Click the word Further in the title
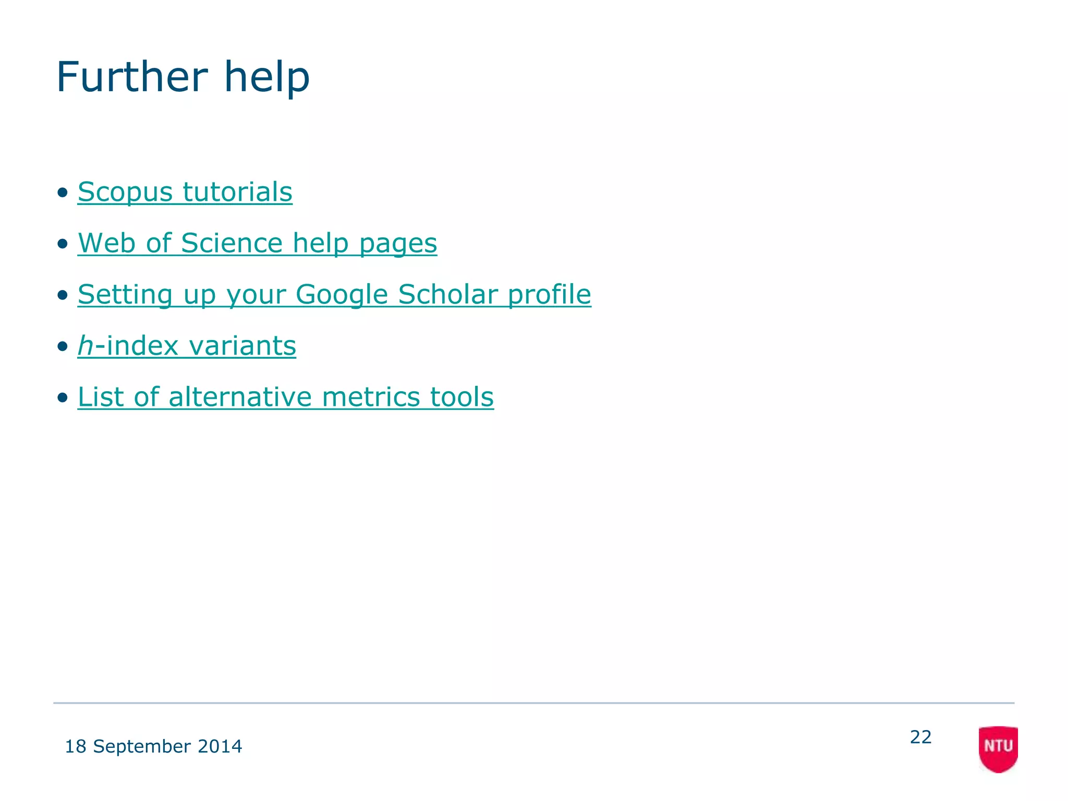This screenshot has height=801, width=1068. click(131, 77)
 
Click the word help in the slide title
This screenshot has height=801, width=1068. click(266, 77)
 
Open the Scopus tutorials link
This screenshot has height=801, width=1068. click(185, 192)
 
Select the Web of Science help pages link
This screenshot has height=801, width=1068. click(257, 243)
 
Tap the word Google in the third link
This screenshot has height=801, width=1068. click(342, 294)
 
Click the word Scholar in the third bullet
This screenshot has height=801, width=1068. click(447, 294)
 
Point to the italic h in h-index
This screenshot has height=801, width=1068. click(86, 345)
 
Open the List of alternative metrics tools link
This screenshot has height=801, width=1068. click(285, 397)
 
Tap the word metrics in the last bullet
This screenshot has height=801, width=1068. click(370, 397)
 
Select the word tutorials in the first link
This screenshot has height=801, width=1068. click(237, 192)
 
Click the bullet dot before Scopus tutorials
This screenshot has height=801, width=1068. click(63, 192)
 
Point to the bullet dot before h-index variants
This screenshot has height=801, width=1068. click(63, 346)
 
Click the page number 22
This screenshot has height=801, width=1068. click(920, 737)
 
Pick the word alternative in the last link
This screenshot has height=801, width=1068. click(240, 397)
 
